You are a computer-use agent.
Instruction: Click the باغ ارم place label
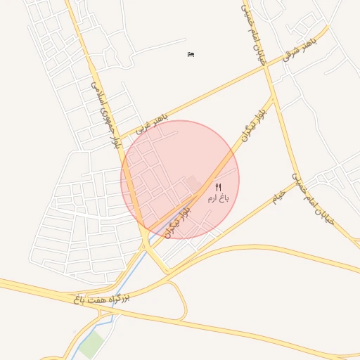pos(218,199)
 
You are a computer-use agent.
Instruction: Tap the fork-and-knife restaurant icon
pos(218,187)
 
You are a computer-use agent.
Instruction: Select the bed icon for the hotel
pos(191,54)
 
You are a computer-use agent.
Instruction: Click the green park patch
pos(91,345)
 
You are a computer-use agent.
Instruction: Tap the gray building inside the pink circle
pos(193,183)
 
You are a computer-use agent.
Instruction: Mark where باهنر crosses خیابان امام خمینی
pos(269,67)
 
